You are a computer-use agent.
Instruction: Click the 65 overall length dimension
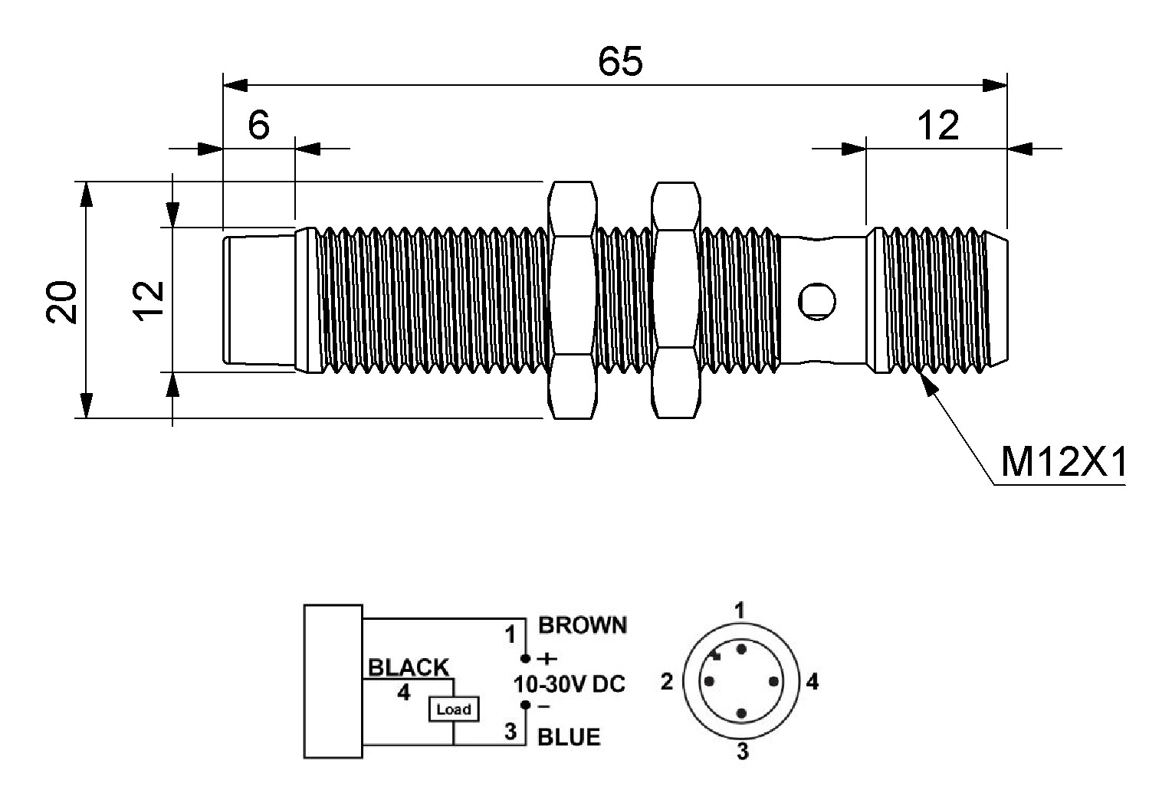[620, 61]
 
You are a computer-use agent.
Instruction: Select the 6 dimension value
[259, 124]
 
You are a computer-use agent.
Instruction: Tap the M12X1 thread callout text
[1063, 462]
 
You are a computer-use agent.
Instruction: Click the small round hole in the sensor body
[817, 301]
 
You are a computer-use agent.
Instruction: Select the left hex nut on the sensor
[573, 300]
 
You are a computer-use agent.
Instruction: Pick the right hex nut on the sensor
[675, 300]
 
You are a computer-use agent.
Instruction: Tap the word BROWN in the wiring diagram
[583, 625]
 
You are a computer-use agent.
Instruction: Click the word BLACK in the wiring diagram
[409, 667]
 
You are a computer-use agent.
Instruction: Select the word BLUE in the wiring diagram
[569, 737]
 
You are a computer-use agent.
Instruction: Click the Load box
[453, 709]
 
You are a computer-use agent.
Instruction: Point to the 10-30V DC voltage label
[569, 683]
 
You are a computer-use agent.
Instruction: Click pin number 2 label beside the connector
[667, 681]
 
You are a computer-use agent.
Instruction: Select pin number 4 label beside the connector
[813, 681]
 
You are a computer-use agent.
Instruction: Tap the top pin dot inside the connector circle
[741, 650]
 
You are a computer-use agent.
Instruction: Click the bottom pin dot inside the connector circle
[741, 713]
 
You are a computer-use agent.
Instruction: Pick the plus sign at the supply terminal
[547, 657]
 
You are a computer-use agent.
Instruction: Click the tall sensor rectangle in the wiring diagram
[333, 681]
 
